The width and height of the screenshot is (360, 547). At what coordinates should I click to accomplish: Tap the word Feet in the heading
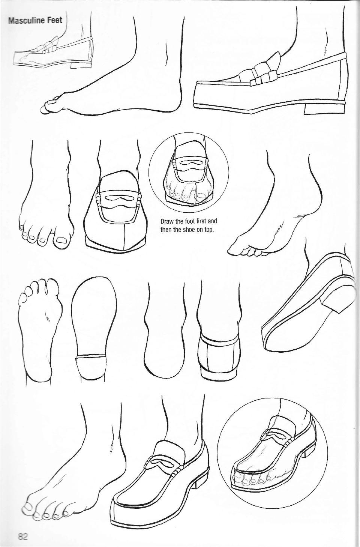point(54,20)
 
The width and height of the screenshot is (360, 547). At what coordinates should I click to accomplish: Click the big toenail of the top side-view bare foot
point(52,100)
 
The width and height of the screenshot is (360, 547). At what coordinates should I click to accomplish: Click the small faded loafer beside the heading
point(52,53)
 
